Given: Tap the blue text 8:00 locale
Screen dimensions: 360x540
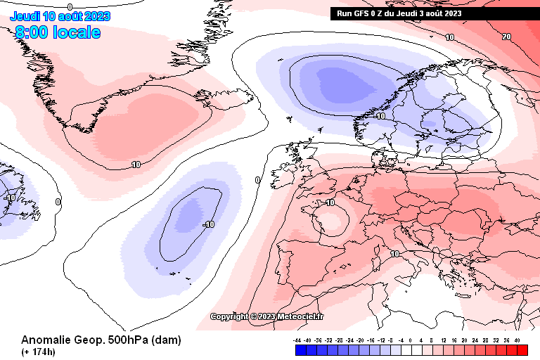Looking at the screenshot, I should coord(58,32).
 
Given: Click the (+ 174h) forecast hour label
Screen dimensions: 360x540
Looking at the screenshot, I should coord(39,352).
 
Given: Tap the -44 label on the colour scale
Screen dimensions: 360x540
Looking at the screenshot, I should coord(297,340).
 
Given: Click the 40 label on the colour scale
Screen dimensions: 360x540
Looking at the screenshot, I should coord(517,340).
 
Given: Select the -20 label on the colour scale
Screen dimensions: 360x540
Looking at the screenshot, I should coord(361,340).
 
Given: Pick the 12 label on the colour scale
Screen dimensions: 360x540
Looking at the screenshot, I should coord(444,340).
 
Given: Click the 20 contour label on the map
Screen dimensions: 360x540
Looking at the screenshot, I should coord(507,37).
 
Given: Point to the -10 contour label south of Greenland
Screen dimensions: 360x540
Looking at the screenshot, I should coord(136,165).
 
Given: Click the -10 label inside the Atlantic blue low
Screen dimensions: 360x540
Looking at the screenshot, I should coord(207,224).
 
